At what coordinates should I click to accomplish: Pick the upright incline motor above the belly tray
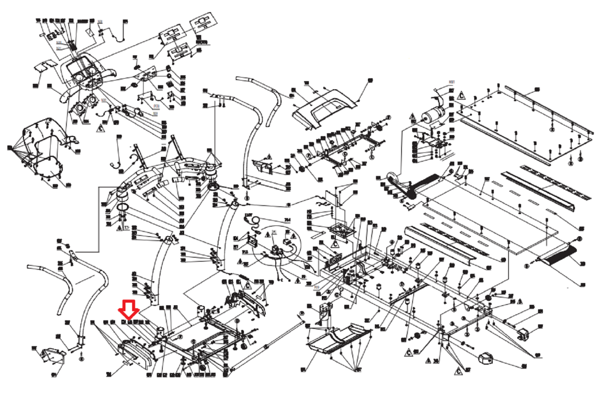(x=325, y=311)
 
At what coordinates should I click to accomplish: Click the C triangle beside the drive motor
(x=461, y=95)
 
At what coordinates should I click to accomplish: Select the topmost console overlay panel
(x=202, y=24)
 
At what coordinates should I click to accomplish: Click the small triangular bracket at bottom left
(x=52, y=356)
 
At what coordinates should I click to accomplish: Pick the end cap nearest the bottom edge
(x=485, y=358)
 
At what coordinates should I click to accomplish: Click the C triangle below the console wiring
(x=100, y=127)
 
